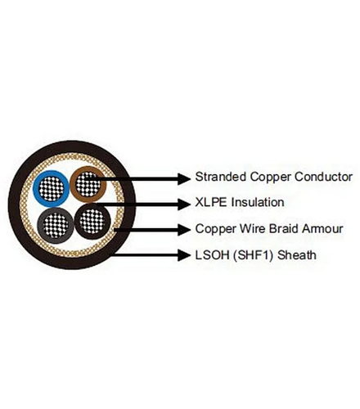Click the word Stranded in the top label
(220, 177)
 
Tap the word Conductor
(323, 177)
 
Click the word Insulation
(258, 202)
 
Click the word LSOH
(212, 255)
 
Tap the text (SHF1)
(254, 255)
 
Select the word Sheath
(297, 255)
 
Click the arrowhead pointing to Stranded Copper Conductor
(184, 179)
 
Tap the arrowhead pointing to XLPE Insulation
(184, 204)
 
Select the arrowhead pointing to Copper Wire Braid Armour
(184, 230)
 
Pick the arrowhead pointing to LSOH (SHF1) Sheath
(184, 255)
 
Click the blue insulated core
(52, 189)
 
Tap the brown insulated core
(88, 184)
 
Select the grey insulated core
(56, 225)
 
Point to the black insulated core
(92, 221)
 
